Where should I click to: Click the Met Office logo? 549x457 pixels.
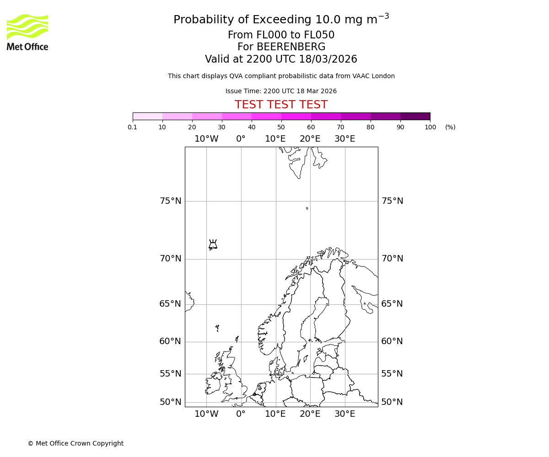coord(27,32)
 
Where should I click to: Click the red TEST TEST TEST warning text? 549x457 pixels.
coord(281,105)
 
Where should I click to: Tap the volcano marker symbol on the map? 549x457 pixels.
coord(213,244)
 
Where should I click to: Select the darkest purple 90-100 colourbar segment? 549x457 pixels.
coord(415,116)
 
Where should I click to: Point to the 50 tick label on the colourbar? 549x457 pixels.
coord(281,128)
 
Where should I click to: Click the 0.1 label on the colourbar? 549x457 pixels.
coord(133,128)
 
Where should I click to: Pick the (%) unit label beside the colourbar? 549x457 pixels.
coord(450,128)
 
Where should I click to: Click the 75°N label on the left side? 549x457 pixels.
coord(170,201)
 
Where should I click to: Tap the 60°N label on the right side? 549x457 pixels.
coord(392,341)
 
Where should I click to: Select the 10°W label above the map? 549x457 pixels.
coord(206,139)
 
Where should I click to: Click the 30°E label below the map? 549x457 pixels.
coord(344,414)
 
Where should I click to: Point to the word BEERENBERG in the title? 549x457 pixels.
coord(291,47)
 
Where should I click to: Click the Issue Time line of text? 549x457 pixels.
coord(281,91)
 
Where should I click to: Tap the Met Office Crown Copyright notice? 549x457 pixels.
coord(75,443)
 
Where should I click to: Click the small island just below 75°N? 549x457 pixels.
coord(307,208)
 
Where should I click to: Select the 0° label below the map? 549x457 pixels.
coord(241,414)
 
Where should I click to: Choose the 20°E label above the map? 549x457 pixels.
coord(310,139)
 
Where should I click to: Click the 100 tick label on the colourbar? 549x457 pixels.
coord(430,128)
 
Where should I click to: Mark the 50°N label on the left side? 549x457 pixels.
coord(170,402)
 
